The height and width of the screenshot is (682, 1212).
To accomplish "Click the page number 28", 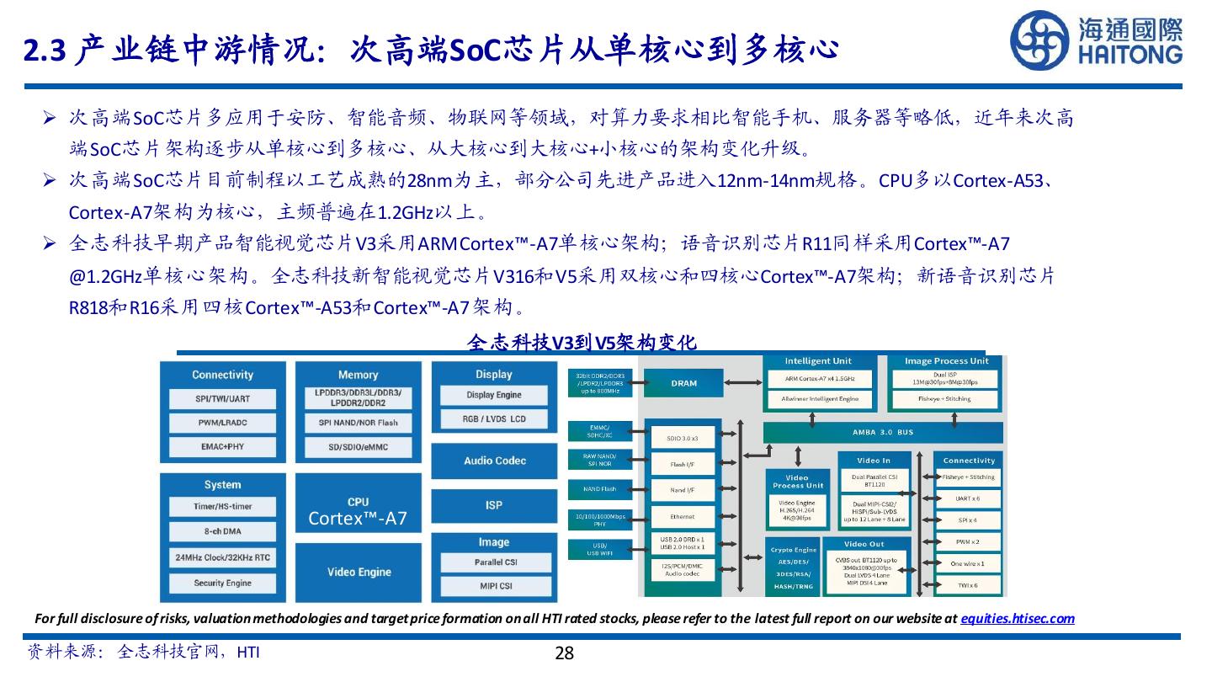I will click(564, 653).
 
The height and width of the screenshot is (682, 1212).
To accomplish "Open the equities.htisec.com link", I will click(1018, 618).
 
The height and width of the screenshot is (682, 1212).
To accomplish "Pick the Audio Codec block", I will click(494, 461).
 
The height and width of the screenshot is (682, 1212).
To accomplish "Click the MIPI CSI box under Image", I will click(494, 586).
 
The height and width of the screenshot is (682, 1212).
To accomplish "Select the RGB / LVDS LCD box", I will click(494, 418).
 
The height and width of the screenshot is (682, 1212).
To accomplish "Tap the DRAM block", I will click(683, 384).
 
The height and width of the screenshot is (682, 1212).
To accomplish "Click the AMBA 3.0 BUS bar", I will click(882, 433).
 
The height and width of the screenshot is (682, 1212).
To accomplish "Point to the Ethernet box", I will click(682, 516).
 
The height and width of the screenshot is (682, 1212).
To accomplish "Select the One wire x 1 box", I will click(967, 563).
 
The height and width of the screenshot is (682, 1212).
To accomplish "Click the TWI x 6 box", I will click(967, 585).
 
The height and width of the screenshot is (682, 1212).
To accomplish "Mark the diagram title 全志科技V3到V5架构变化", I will click(581, 342).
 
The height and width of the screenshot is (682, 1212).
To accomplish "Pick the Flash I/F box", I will click(682, 464).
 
